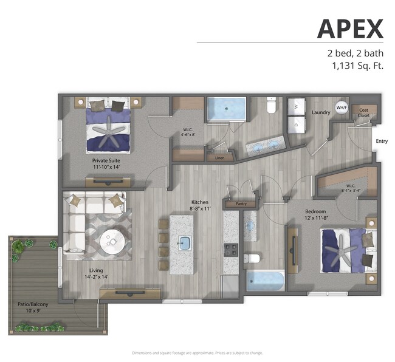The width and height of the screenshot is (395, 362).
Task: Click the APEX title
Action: point(351,29)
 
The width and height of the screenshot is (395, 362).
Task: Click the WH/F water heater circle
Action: point(342,108)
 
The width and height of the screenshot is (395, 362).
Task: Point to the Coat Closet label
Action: point(363,112)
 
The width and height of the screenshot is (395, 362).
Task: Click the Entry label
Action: point(381,142)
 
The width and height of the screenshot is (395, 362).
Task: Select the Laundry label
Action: point(320,112)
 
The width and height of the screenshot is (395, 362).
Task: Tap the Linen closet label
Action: point(219,158)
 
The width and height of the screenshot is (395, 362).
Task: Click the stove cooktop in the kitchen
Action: point(231,250)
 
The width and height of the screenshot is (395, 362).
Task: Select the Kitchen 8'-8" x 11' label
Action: point(200,206)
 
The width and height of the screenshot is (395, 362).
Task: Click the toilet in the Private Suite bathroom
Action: point(272,108)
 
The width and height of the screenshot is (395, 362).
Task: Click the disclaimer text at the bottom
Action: point(197,353)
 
